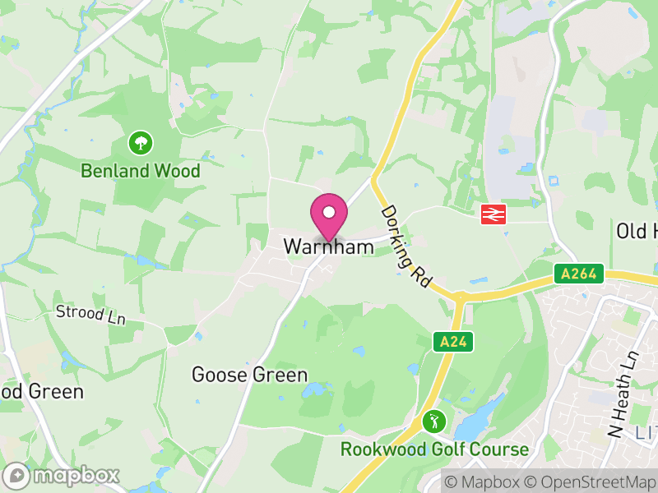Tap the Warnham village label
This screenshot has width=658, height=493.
(322, 246)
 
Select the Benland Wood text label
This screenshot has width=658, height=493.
(141, 171)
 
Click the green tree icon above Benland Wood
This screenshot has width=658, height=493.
(141, 143)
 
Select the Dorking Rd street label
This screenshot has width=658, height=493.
(406, 246)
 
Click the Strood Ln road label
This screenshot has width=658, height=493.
(90, 314)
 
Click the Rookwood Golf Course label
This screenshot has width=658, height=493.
(435, 449)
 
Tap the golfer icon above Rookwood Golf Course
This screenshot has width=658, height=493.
(433, 422)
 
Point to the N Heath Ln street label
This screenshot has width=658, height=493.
(623, 395)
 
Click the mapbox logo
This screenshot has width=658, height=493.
(62, 475)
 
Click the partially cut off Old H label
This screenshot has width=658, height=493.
(637, 231)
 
